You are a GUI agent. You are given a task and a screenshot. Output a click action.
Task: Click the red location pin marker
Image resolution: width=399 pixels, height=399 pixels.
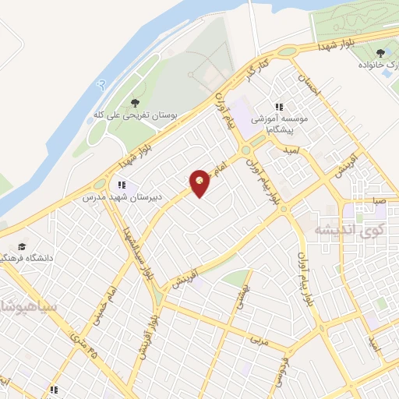(x=199, y=182)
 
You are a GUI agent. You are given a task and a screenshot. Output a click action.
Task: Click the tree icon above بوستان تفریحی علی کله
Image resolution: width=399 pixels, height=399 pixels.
(x=136, y=101)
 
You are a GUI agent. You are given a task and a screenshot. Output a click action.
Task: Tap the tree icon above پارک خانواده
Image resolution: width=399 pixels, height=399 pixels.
(x=380, y=52)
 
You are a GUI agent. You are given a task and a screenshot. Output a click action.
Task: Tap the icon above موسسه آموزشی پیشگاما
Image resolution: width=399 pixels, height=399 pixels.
(x=278, y=108)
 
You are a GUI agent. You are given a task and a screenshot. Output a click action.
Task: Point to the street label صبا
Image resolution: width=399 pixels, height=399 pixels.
(x=379, y=200)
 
